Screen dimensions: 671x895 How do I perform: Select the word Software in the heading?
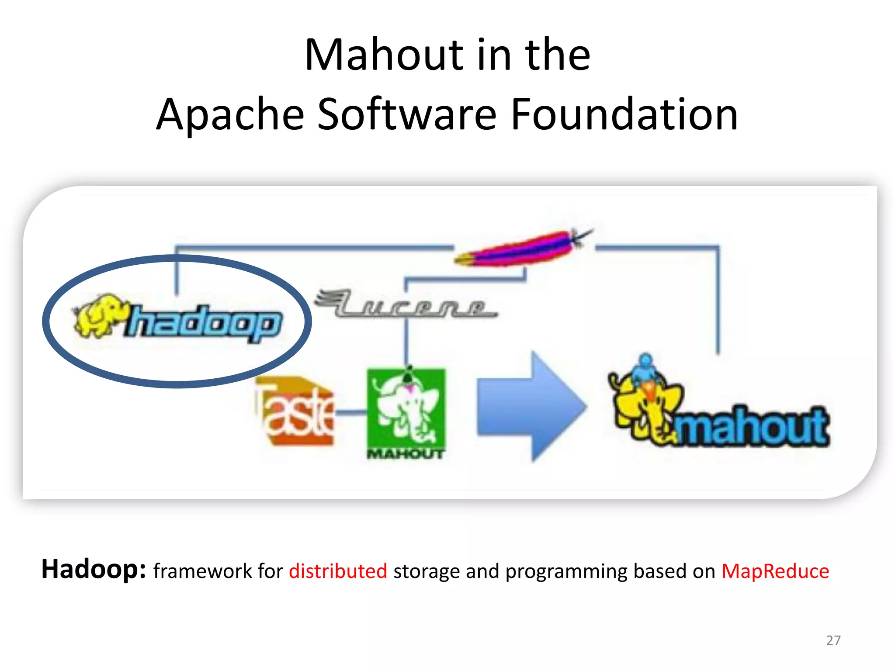pos(406,114)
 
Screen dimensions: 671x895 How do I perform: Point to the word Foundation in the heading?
pos(624,114)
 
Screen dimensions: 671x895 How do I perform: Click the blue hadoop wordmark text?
pos(204,323)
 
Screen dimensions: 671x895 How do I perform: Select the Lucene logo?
pos(406,304)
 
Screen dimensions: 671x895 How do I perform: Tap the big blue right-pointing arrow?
pos(531,406)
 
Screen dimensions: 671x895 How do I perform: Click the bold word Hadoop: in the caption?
pos(93,569)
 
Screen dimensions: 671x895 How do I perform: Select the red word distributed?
pos(338,571)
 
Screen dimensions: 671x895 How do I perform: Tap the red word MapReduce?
pos(775,571)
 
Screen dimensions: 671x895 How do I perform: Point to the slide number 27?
pos(833,640)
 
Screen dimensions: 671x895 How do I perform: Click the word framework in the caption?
pos(202,571)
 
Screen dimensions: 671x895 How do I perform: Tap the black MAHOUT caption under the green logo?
pos(406,454)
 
